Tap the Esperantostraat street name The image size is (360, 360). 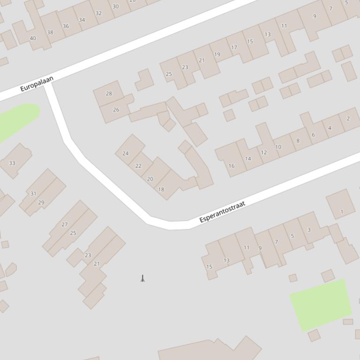[x=222, y=212]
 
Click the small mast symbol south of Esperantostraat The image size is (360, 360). [x=143, y=278]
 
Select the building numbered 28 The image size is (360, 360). [x=109, y=94]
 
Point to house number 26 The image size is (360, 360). [x=116, y=110]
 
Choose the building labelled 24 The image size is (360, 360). [x=125, y=153]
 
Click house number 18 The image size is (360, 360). [x=161, y=189]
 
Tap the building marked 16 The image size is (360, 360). [x=231, y=166]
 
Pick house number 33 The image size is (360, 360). [x=12, y=163]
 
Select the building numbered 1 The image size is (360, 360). [x=341, y=212]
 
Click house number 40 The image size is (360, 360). [x=32, y=38]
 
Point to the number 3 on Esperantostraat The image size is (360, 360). [x=309, y=230]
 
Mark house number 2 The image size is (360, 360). [x=348, y=118]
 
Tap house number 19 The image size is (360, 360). [x=217, y=55]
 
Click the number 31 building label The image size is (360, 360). [x=33, y=194]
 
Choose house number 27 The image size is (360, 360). [x=65, y=225]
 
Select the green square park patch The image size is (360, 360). [x=321, y=304]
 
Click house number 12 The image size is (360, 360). [x=264, y=152]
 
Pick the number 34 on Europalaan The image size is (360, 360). [x=82, y=20]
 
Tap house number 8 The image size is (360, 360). [x=298, y=141]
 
